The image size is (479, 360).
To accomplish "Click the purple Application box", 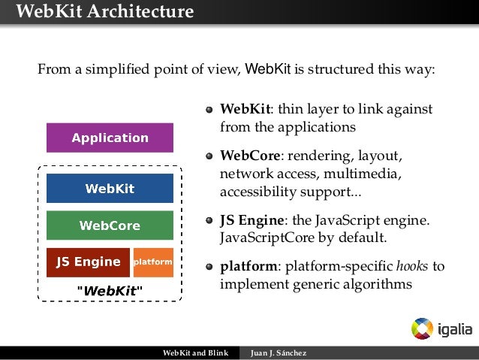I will coord(110,138).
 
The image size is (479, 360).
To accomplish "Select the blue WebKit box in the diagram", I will coord(110,189).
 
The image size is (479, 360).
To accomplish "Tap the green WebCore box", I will coord(110,225).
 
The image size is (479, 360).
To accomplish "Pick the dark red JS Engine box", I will coord(88,262).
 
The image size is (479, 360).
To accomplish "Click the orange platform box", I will coord(153,262).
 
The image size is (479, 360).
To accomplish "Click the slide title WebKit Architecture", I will coord(104,11).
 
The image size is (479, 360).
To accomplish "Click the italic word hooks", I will coord(411,266).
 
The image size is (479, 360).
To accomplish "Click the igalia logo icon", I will coord(422,328).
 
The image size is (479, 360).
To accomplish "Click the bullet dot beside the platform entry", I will coord(210,267).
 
